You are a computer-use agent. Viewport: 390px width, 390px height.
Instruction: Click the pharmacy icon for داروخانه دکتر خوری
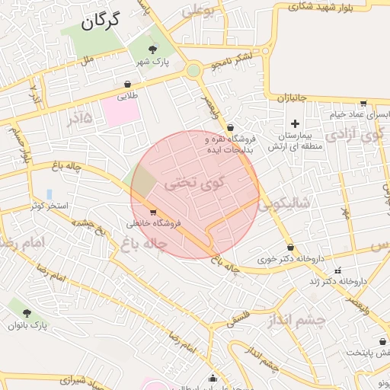[x=291, y=247]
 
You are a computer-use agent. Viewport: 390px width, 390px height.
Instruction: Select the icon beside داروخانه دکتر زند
[x=338, y=270]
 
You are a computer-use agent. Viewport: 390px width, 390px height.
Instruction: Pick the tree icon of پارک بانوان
[x=27, y=313]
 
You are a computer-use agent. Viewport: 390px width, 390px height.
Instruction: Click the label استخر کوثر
[x=50, y=206]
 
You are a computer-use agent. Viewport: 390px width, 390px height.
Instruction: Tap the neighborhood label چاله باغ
[x=142, y=245]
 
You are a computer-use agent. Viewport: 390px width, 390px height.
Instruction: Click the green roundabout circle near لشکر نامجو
[x=193, y=71]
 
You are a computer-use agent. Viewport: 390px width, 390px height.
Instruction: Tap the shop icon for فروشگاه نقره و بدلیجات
[x=230, y=128]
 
